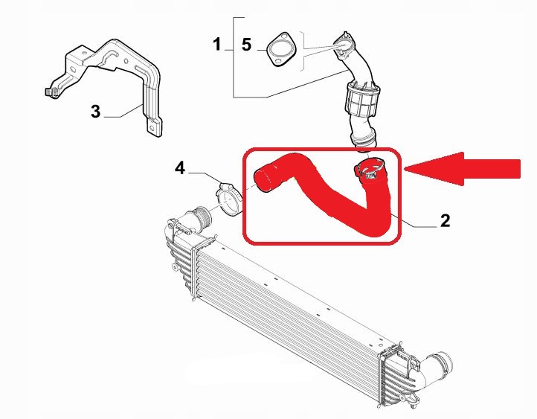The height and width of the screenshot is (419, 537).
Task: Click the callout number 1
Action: click(217, 45)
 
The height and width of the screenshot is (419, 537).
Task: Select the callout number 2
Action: click(445, 220)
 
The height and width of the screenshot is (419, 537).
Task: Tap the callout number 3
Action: click(95, 112)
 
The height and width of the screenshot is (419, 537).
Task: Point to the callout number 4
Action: click(180, 168)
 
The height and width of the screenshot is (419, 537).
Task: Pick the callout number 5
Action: click(247, 45)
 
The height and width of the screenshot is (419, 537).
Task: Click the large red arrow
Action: click(463, 169)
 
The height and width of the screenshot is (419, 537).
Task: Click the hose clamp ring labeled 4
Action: click(228, 200)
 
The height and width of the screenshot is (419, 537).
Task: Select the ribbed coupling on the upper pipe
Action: click(362, 99)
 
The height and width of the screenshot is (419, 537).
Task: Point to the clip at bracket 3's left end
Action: click(51, 92)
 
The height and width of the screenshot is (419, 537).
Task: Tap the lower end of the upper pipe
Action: click(364, 143)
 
